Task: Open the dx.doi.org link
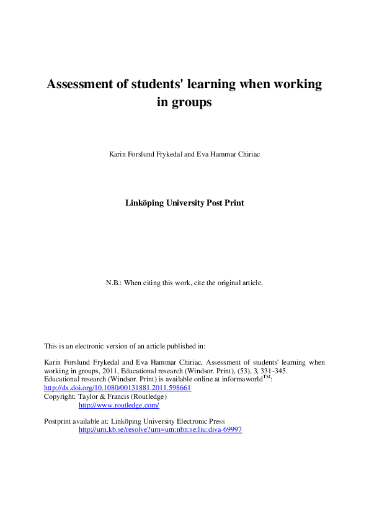pos(117,388)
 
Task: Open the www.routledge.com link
pos(118,405)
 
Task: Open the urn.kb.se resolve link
pos(160,429)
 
